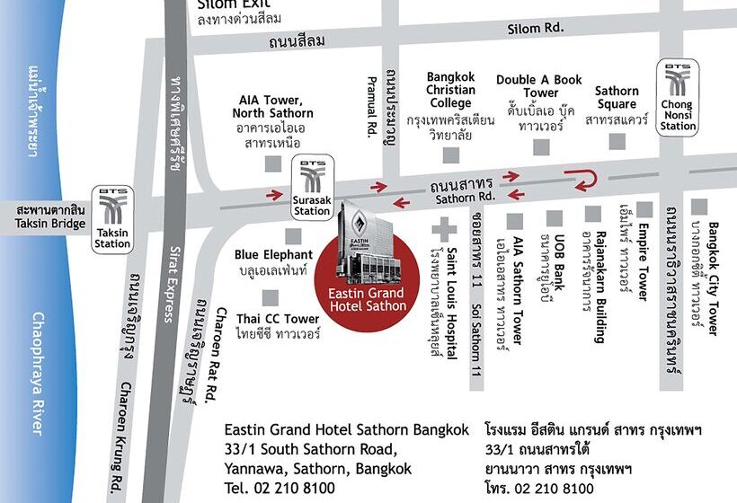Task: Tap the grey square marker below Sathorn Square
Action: click(x=617, y=141)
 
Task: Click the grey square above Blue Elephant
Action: click(x=292, y=235)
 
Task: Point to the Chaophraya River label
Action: click(x=37, y=374)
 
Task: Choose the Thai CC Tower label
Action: click(x=278, y=319)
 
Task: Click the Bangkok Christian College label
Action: click(x=450, y=90)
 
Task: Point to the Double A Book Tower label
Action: click(x=539, y=86)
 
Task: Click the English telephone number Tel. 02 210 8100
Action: click(x=280, y=488)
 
